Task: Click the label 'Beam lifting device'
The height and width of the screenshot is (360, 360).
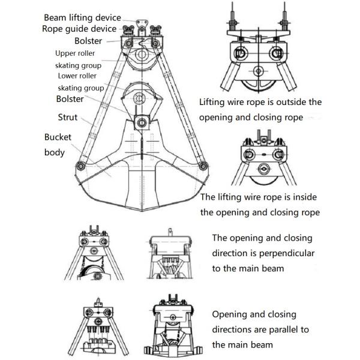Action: (82, 17)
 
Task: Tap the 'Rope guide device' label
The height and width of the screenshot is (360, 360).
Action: (79, 29)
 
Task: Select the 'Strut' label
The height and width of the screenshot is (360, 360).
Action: (67, 117)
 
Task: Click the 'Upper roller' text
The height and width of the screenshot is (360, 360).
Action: (75, 53)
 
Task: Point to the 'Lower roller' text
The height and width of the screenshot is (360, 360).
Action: (77, 76)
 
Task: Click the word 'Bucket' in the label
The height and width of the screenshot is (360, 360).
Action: (58, 137)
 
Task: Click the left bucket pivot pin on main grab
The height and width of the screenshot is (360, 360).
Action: (80, 166)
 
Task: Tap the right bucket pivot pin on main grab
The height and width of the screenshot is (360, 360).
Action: (203, 166)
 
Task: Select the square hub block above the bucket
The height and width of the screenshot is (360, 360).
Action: (142, 122)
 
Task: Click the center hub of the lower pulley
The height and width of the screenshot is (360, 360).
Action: (139, 99)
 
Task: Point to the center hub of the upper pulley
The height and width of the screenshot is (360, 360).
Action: (142, 55)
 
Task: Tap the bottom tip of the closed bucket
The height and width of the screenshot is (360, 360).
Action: (142, 211)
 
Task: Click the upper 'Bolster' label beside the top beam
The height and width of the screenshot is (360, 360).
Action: (88, 41)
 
